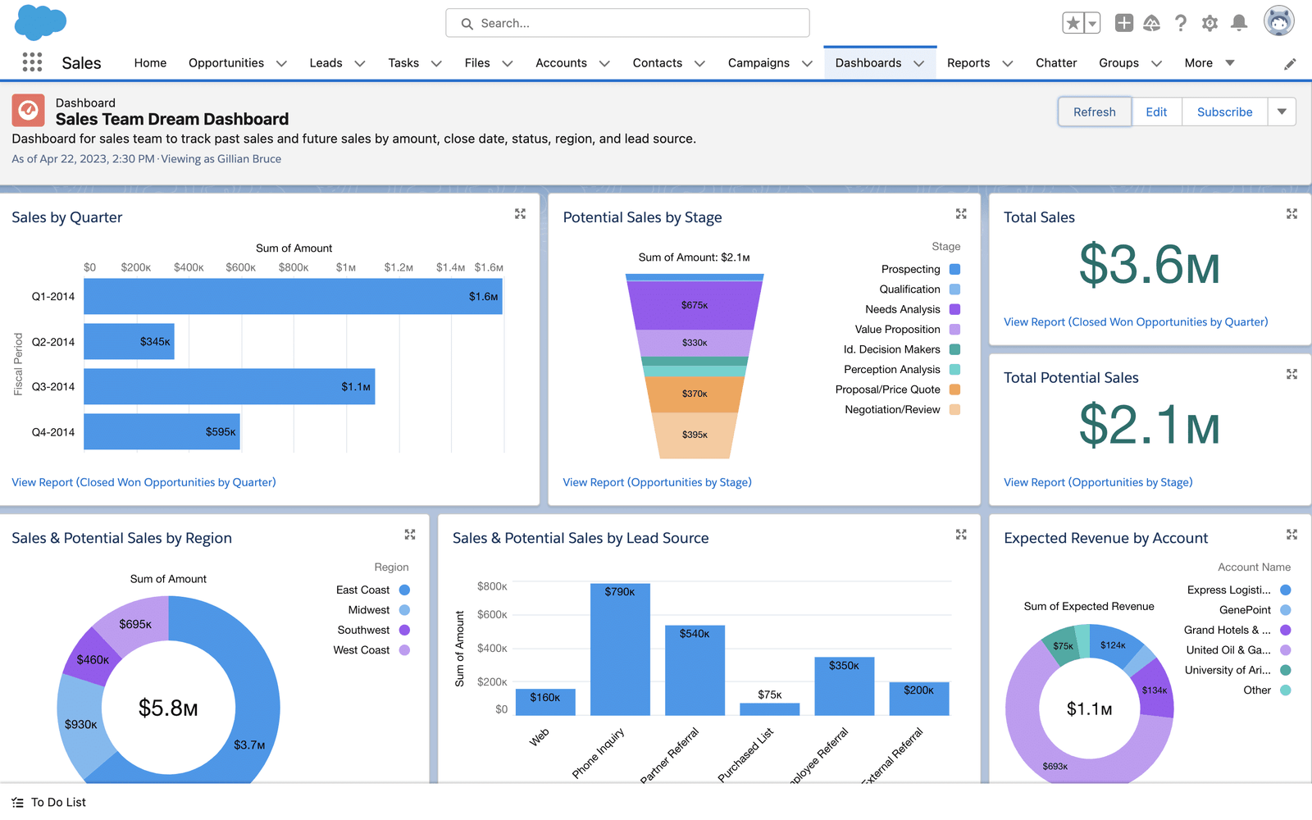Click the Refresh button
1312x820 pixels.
(x=1094, y=112)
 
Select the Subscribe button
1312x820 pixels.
(x=1224, y=112)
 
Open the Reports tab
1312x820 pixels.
(x=968, y=63)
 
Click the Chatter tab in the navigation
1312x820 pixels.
(x=1055, y=63)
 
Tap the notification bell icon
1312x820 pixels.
(x=1239, y=23)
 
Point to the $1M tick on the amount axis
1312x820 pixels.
(x=345, y=267)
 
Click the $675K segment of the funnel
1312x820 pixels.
(x=694, y=305)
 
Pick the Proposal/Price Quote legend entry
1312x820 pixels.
(x=888, y=389)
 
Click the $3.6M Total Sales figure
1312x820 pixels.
(x=1149, y=266)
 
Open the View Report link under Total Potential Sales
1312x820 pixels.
(x=1098, y=482)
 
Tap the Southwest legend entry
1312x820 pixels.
(x=363, y=630)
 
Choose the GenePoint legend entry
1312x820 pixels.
(x=1245, y=610)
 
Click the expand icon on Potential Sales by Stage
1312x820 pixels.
(x=961, y=214)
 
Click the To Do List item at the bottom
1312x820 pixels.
(x=57, y=802)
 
